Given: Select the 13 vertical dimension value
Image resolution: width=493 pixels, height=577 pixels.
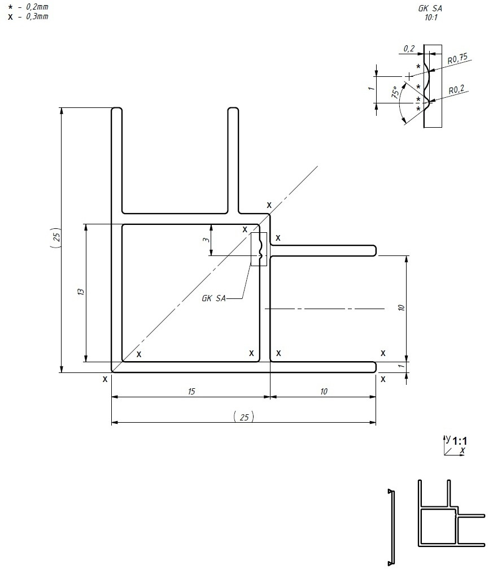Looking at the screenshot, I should [x=81, y=292].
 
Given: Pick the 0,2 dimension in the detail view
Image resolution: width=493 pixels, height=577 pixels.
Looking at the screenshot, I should [x=409, y=49].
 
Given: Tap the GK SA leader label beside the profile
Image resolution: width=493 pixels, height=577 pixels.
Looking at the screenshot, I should [x=213, y=298].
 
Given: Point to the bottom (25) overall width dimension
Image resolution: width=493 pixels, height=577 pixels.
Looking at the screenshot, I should [x=243, y=417].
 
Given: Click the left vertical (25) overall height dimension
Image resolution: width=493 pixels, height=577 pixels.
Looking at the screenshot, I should [x=55, y=239].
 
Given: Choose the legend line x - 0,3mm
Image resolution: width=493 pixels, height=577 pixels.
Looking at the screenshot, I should [x=28, y=17].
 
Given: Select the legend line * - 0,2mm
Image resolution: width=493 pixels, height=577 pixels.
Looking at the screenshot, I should [x=28, y=7].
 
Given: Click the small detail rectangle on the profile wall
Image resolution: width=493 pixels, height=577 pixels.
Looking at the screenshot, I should [x=258, y=249].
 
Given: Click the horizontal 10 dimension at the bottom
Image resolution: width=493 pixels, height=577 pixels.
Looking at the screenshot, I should [x=324, y=391].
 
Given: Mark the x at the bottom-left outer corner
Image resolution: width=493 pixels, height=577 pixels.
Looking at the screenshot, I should [x=105, y=380].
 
